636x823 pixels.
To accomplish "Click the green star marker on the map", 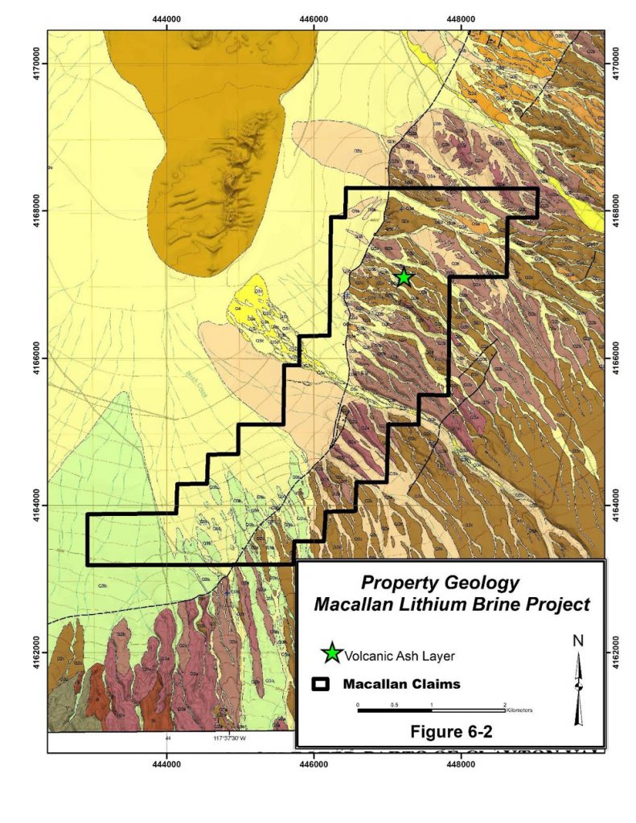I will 404,277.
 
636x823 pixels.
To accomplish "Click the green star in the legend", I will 330,654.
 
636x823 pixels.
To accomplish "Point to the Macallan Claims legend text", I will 401,686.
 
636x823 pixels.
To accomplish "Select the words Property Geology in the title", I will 440,583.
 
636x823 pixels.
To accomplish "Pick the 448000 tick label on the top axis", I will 459,18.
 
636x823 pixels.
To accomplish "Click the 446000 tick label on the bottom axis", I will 313,764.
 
